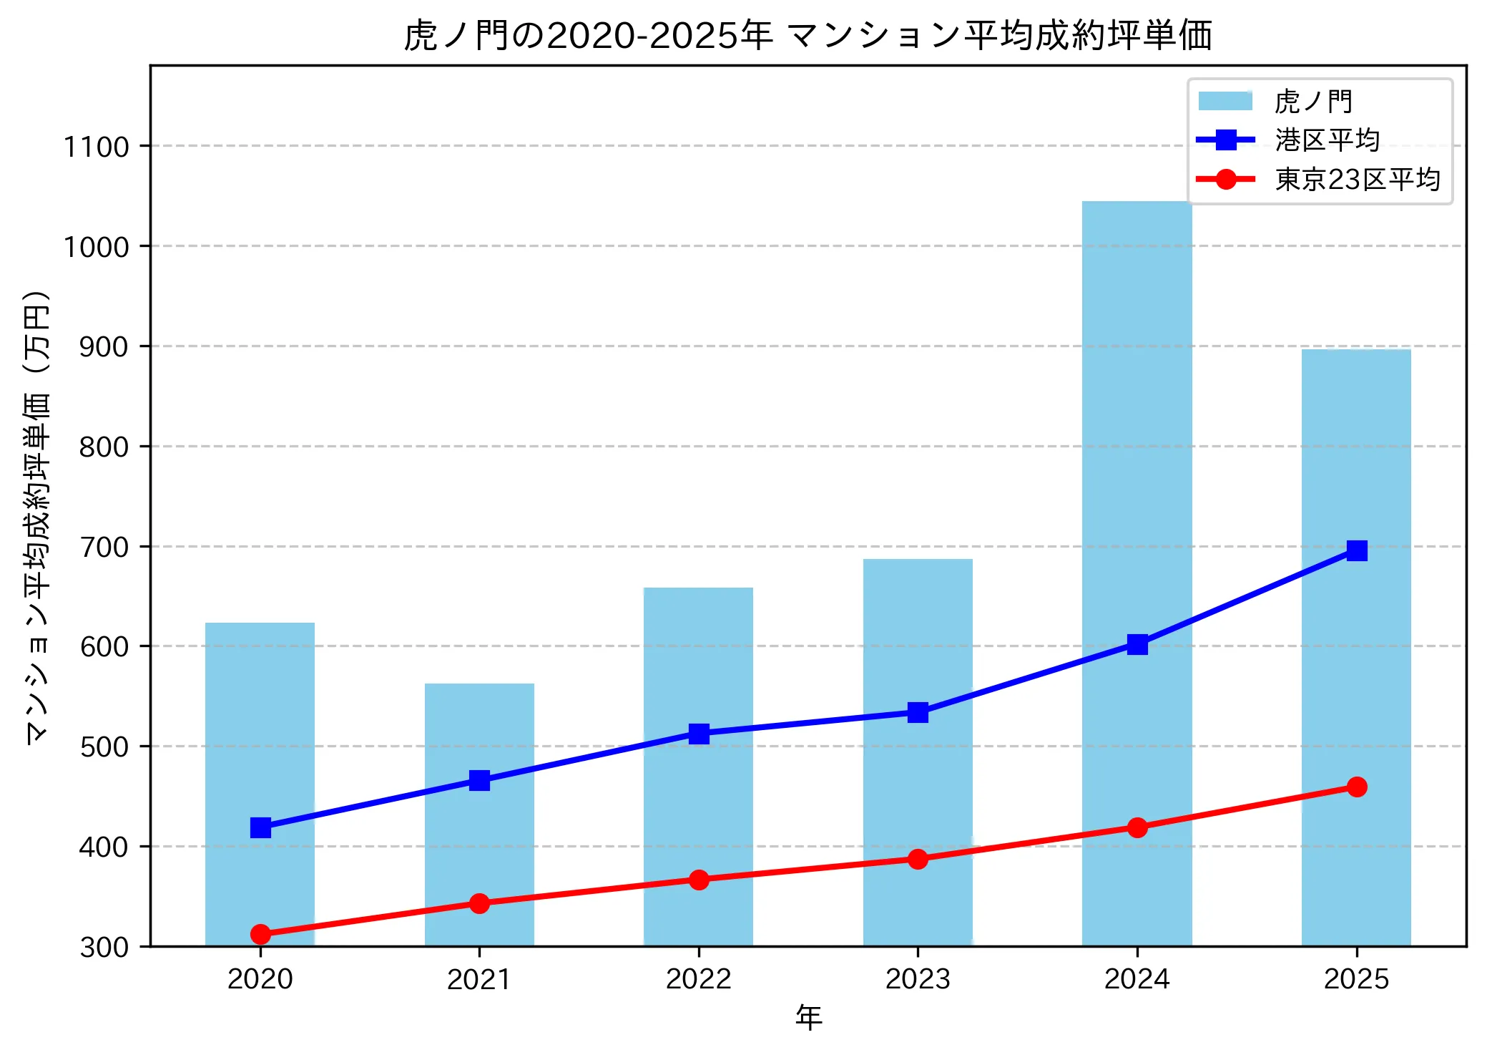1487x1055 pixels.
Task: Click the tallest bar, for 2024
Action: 1137,429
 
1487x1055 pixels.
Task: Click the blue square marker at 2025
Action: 1357,550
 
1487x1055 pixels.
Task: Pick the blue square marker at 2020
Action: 260,828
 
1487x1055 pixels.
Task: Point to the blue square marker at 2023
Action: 918,712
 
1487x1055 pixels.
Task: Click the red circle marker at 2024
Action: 1137,827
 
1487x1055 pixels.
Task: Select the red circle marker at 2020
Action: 260,934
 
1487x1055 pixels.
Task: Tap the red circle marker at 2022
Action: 699,880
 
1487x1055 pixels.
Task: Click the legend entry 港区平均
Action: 1327,140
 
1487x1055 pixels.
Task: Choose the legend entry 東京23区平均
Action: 1357,179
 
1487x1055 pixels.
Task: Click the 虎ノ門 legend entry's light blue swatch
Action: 1225,101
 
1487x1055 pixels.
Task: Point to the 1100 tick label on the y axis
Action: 96,147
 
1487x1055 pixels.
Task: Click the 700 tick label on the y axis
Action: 104,547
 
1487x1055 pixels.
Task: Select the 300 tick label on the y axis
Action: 104,947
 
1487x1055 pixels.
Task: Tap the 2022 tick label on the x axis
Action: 698,979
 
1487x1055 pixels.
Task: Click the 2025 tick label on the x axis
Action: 1356,979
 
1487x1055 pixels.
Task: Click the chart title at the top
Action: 808,34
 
